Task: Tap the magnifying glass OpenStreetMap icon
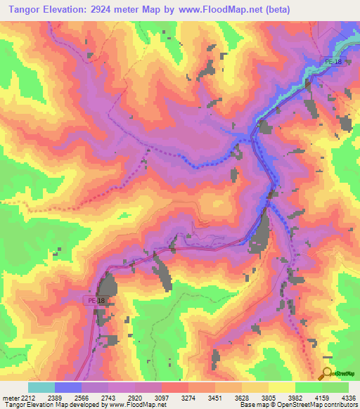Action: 327,373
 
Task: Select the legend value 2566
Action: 82,397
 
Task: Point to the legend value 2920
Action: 135,397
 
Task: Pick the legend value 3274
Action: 188,397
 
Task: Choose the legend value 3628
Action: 242,397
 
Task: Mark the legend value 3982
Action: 295,397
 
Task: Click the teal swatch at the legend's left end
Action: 41,387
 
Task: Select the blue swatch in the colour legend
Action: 68,387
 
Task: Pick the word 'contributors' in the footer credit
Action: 340,405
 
